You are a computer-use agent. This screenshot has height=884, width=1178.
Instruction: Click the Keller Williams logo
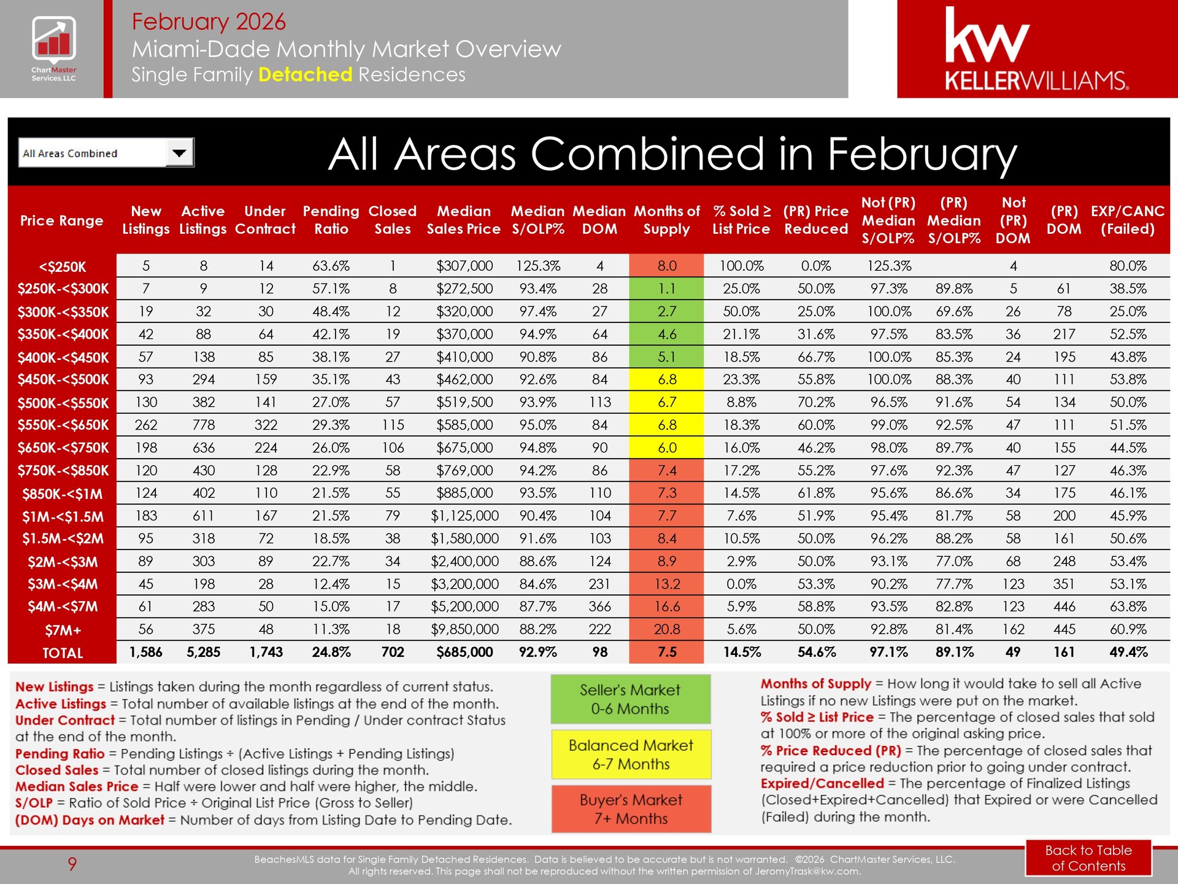coord(1036,49)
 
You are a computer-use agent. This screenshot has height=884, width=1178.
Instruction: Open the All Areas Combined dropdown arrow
coord(179,153)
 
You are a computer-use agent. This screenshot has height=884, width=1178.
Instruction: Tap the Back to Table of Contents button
coord(1088,858)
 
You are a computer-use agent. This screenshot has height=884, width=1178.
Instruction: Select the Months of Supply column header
coord(666,220)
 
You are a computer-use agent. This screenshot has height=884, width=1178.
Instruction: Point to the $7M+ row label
coord(63,630)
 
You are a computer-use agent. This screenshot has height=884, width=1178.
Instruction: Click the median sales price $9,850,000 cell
coord(464,629)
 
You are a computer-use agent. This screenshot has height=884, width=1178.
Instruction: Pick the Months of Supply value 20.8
coord(666,629)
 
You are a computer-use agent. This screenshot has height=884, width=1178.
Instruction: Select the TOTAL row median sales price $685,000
coord(464,652)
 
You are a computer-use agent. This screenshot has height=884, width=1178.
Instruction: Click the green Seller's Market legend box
coord(630,699)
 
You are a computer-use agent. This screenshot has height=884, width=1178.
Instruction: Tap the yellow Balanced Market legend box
coord(631,754)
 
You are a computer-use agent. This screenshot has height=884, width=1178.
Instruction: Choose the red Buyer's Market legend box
coord(631,809)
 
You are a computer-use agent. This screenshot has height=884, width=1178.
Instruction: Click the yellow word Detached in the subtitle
coord(305,74)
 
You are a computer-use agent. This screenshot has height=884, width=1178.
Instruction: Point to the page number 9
coord(72,864)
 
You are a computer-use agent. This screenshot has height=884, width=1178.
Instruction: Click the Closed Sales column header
coord(392,220)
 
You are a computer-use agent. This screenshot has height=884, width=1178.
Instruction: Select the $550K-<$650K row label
coord(63,425)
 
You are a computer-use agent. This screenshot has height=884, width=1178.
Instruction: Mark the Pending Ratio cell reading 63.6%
coord(331,266)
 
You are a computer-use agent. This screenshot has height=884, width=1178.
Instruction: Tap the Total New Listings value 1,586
coord(145,652)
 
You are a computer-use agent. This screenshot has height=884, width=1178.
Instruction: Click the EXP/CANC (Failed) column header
coord(1127,220)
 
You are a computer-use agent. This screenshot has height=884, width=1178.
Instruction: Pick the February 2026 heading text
coord(209,21)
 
